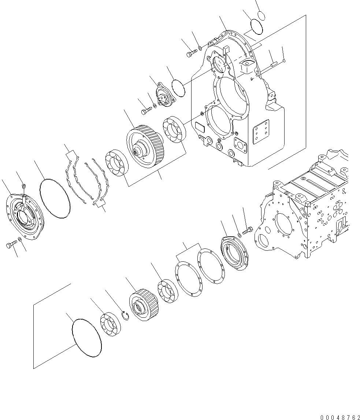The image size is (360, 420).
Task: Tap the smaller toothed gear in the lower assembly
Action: (x=144, y=304)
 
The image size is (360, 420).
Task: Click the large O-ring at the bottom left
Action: (x=87, y=337)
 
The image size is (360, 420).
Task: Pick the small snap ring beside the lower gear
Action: (x=125, y=316)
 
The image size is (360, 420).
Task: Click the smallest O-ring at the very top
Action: (x=261, y=15)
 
